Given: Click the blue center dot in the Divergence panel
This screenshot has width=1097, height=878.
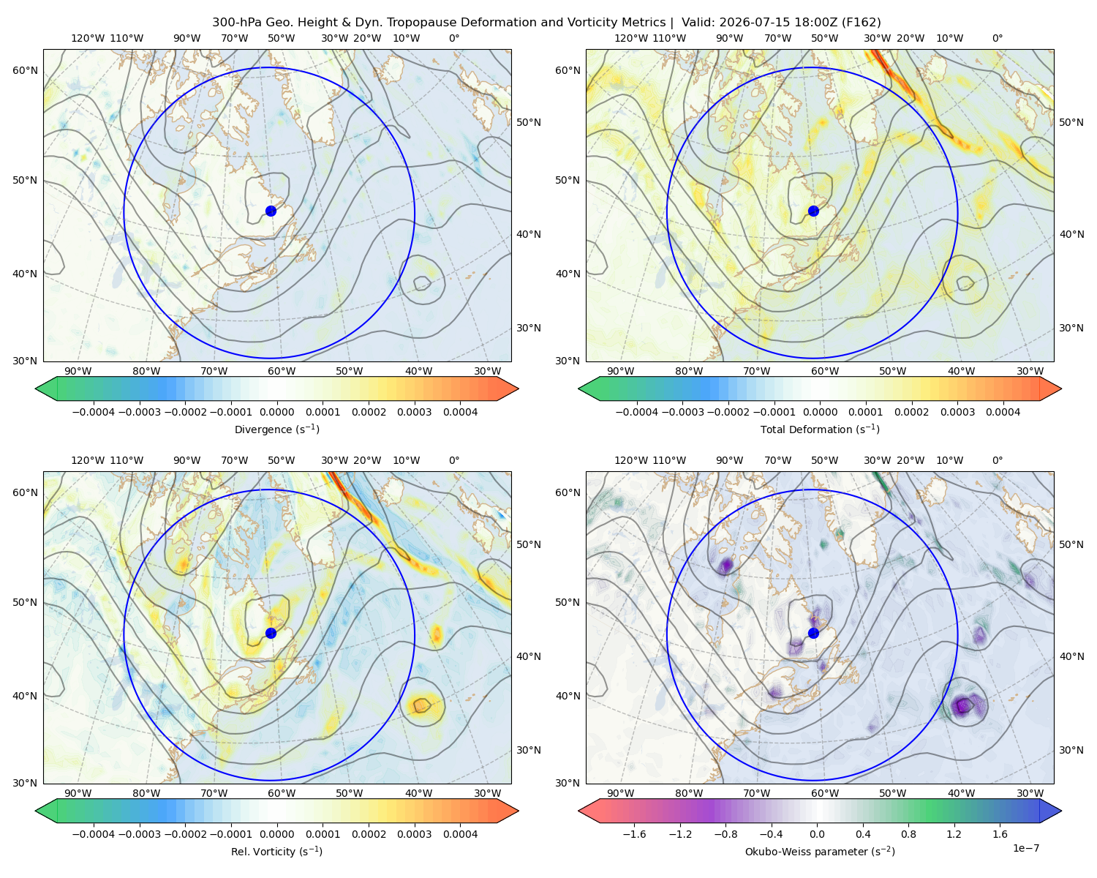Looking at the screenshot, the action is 271,211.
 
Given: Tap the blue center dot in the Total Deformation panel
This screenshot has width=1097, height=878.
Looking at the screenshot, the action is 813,211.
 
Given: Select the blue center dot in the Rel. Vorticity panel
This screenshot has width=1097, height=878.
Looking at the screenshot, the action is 271,633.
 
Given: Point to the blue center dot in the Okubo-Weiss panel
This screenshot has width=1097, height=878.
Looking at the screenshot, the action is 813,633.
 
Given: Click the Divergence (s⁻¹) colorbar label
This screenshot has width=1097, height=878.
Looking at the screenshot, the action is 276,429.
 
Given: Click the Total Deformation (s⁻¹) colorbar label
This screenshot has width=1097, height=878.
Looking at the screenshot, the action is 820,429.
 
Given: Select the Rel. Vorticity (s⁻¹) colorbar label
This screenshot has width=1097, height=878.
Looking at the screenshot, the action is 276,852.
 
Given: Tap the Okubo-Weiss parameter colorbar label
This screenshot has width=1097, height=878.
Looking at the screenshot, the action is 820,852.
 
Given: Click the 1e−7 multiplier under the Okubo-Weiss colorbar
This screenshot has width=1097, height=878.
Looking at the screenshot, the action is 1025,849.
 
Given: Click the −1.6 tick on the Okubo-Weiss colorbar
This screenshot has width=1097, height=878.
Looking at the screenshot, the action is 634,834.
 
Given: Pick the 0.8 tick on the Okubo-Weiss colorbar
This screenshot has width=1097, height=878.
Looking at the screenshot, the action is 908,834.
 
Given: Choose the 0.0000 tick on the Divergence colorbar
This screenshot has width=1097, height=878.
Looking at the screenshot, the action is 276,412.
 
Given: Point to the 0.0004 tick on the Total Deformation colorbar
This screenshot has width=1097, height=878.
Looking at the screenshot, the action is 1003,412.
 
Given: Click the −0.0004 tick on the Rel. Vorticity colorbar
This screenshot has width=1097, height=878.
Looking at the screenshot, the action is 94,834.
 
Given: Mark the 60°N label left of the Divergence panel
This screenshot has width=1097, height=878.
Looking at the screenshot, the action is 25,70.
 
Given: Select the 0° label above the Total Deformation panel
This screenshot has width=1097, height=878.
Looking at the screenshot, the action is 998,38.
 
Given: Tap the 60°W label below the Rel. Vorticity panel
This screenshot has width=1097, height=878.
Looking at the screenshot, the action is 282,793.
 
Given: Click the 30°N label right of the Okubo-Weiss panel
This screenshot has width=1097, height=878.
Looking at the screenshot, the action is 1071,750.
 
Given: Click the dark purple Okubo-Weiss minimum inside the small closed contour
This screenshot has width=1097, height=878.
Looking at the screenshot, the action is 962,706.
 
